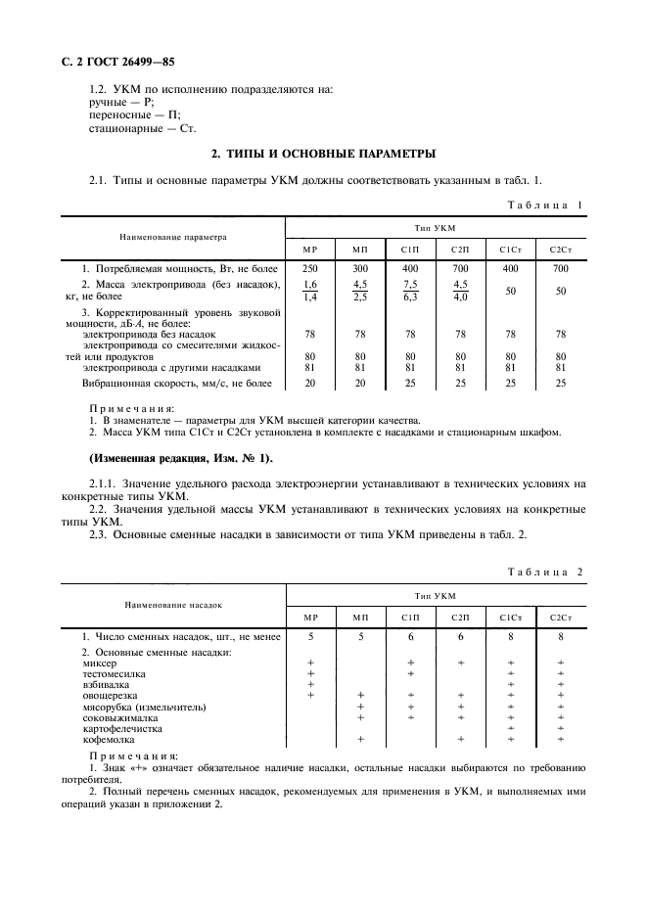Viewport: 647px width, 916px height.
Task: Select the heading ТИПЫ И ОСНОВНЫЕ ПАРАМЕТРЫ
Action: [x=324, y=154]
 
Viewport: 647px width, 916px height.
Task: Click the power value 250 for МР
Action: [x=310, y=267]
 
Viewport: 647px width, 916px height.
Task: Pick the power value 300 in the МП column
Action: [x=360, y=267]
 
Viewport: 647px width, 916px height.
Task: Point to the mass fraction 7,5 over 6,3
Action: [x=410, y=291]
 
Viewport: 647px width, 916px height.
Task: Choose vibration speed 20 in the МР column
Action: [x=310, y=383]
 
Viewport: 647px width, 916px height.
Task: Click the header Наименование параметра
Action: [x=172, y=236]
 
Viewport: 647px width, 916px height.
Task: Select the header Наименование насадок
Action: [x=172, y=605]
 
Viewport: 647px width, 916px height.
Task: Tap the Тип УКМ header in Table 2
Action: [x=436, y=594]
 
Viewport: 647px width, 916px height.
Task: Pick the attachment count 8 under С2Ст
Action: [x=561, y=636]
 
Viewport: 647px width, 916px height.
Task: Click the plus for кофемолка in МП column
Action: [x=360, y=739]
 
